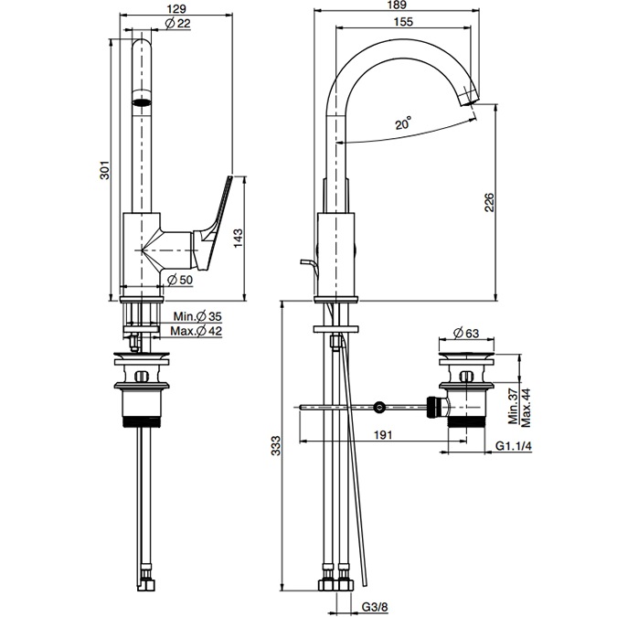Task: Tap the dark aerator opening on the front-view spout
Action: pos(142,101)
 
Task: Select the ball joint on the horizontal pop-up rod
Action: pos(379,406)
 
